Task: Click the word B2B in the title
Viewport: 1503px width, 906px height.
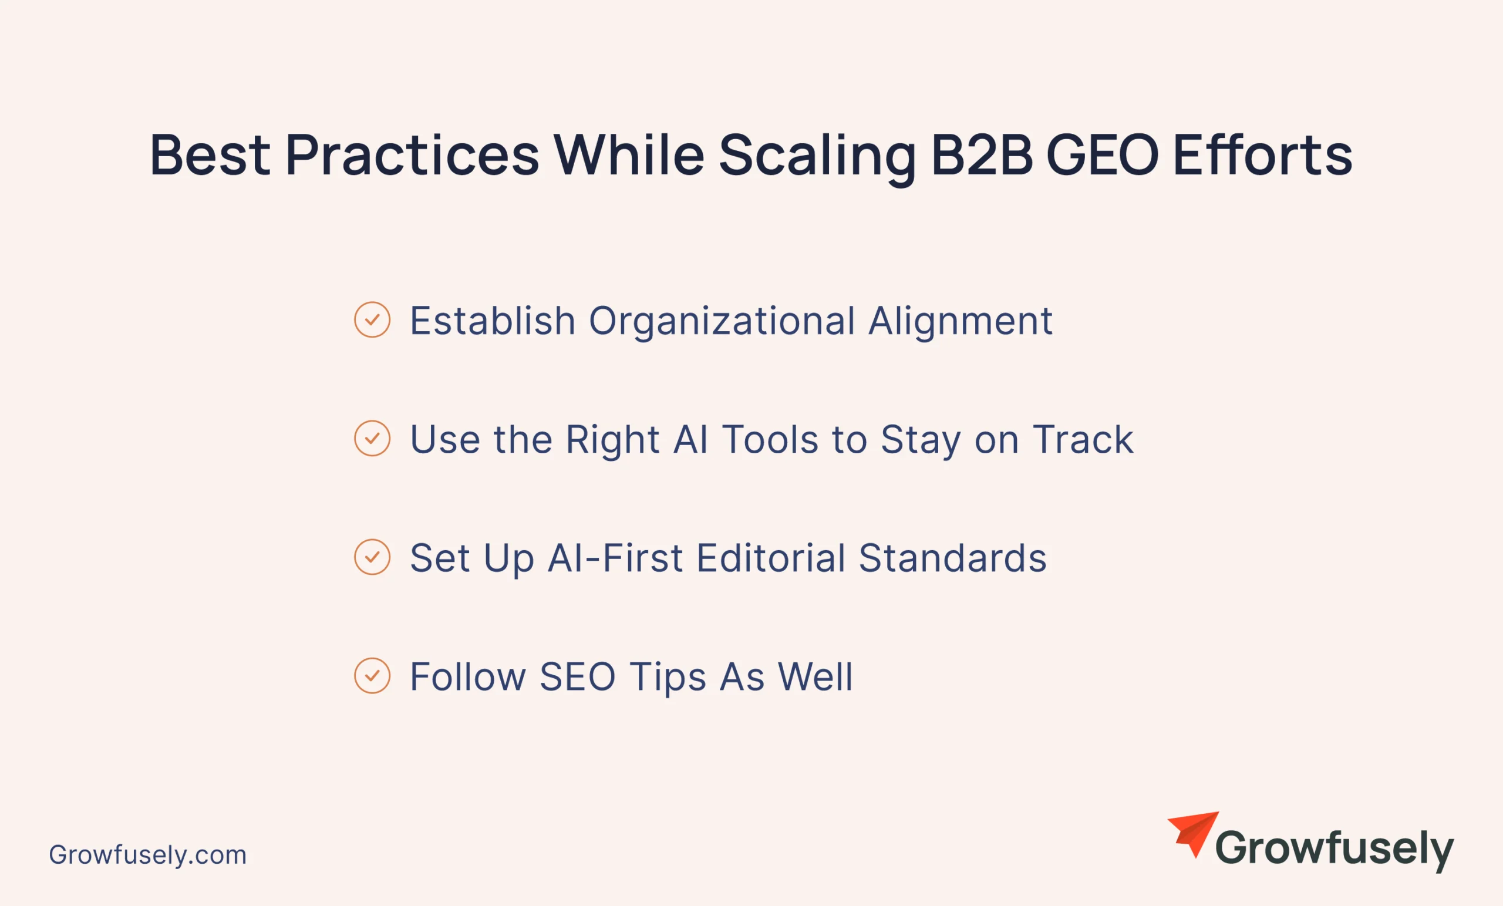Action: (x=982, y=155)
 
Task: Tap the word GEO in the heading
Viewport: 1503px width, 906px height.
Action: (x=1102, y=155)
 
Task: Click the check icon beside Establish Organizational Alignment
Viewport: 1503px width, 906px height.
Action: (x=372, y=319)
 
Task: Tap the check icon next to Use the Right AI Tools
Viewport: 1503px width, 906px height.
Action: (x=372, y=438)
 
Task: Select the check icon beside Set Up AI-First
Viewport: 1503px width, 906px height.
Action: (x=372, y=557)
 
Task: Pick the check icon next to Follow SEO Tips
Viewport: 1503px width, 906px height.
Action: (x=372, y=675)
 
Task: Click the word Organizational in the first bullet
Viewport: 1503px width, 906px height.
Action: (x=722, y=322)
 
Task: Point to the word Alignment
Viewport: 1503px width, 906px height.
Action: (x=961, y=322)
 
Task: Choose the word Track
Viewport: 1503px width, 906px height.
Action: (x=1083, y=439)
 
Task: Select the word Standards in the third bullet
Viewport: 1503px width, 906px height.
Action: (x=953, y=558)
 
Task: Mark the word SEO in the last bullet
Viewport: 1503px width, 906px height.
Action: (x=578, y=676)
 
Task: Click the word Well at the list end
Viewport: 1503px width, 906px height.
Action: (x=815, y=676)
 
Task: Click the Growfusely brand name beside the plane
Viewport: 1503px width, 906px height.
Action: (x=1334, y=850)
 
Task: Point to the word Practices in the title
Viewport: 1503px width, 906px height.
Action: (x=412, y=155)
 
